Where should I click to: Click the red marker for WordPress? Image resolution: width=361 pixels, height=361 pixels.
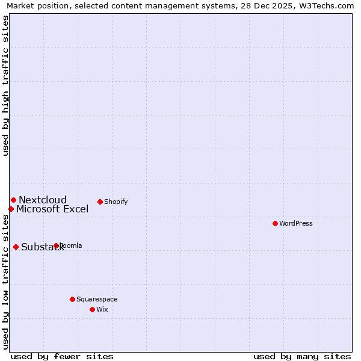(275, 223)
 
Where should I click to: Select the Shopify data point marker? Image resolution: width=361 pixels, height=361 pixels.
(100, 202)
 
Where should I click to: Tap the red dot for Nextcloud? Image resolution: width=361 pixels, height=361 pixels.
(13, 200)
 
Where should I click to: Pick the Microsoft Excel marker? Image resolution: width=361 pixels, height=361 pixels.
(11, 209)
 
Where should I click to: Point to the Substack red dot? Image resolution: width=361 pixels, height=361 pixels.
(16, 247)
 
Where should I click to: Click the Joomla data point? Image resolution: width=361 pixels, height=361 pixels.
(56, 245)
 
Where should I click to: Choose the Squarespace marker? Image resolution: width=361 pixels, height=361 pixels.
(72, 299)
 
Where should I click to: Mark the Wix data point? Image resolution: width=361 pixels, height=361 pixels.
(92, 309)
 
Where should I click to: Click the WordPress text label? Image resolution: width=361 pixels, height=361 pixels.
(296, 223)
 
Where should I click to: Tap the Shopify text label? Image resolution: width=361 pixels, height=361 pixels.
(116, 202)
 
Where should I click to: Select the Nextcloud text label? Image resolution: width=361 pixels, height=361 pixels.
(43, 200)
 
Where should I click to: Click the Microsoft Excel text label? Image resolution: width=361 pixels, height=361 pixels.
(52, 209)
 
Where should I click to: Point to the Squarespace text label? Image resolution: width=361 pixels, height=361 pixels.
(97, 299)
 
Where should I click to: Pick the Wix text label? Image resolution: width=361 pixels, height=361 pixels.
(102, 309)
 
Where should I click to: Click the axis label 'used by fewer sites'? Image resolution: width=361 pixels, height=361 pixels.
(62, 356)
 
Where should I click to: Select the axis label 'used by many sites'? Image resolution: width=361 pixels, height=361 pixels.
(302, 356)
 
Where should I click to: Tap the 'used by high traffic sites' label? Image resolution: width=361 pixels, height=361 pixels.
(6, 86)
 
